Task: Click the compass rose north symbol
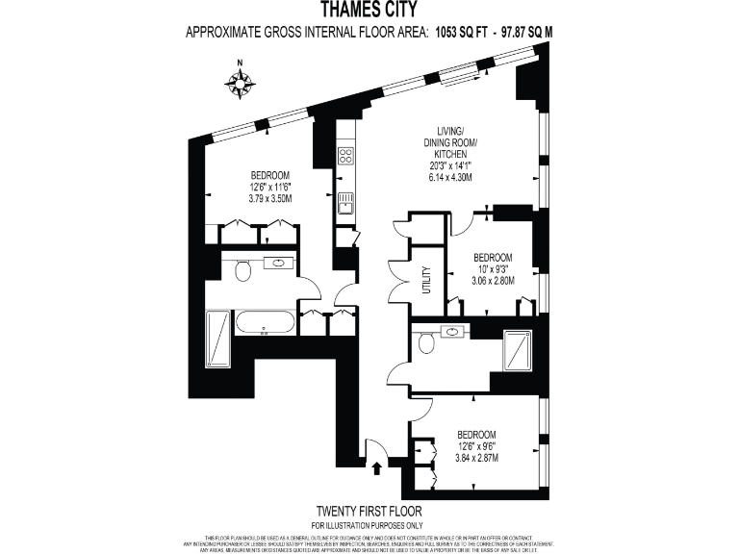pyautogui.click(x=240, y=82)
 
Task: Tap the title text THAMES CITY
pyautogui.click(x=369, y=12)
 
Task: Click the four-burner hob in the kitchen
pyautogui.click(x=344, y=157)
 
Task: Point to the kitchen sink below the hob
pyautogui.click(x=344, y=202)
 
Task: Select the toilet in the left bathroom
pyautogui.click(x=242, y=270)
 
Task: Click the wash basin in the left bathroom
pyautogui.click(x=280, y=263)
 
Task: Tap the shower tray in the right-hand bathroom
pyautogui.click(x=518, y=349)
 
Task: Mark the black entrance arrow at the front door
pyautogui.click(x=376, y=468)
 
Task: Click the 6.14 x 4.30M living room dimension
pyautogui.click(x=450, y=178)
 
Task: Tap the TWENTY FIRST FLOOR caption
pyautogui.click(x=369, y=510)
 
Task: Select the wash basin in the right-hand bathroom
pyautogui.click(x=452, y=332)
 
